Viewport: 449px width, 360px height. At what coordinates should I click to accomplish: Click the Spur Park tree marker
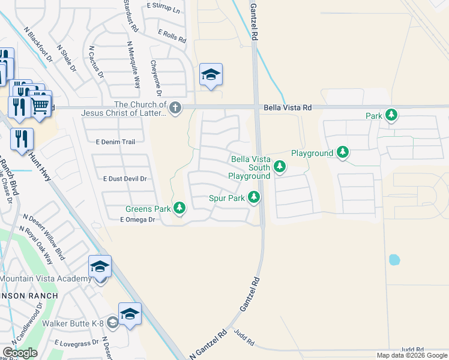tap(255, 197)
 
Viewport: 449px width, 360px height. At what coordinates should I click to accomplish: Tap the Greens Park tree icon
tap(179, 208)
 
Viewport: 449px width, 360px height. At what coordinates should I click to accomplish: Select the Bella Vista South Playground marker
tap(279, 166)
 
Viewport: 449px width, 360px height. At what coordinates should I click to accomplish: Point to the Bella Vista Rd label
tap(288, 107)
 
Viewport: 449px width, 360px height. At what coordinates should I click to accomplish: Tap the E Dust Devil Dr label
tap(125, 179)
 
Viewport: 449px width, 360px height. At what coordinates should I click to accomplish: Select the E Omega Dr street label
tap(137, 220)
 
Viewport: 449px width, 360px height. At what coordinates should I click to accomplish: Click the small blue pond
tap(394, 260)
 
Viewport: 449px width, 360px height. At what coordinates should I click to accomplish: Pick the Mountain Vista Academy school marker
tap(100, 266)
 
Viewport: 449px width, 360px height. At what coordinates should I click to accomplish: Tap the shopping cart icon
tap(40, 105)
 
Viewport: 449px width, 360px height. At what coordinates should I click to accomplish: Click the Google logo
tap(20, 353)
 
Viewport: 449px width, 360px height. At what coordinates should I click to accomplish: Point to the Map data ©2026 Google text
tap(412, 355)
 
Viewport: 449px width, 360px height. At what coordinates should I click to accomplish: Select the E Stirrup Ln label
tap(163, 9)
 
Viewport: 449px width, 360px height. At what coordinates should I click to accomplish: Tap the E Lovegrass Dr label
tap(76, 343)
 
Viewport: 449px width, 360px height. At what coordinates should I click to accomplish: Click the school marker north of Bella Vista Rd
tap(211, 75)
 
